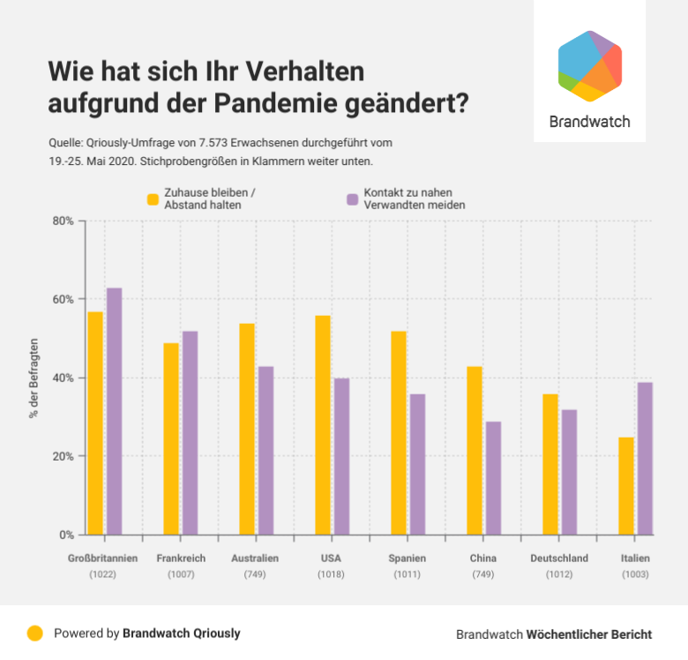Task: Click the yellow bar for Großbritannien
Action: pos(95,424)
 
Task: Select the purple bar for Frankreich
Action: pos(190,433)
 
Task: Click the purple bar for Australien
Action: pos(265,451)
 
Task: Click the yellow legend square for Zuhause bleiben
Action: pos(153,199)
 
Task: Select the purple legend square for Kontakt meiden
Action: pos(353,199)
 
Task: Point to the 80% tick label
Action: pos(62,221)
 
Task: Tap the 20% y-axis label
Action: pos(62,456)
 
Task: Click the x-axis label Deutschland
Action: pos(559,559)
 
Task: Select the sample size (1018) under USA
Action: pos(331,574)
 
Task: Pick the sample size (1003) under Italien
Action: pos(634,574)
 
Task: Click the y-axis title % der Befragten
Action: pos(34,378)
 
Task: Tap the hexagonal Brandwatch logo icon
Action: pos(590,66)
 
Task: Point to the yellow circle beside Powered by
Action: pos(35,633)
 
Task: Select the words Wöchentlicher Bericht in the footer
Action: pos(588,634)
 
